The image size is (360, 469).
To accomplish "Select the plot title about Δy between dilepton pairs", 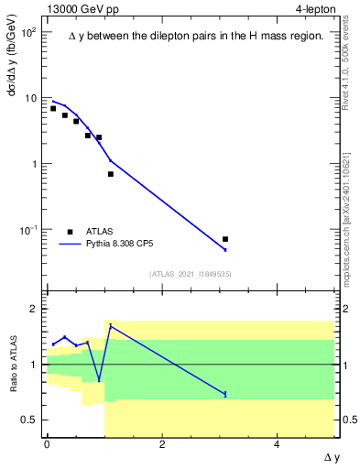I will (196, 36).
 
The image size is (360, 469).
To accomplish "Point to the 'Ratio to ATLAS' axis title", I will (14, 363).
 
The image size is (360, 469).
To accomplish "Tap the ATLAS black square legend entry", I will (71, 232).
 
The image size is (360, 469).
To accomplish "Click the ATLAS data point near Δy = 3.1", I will (225, 239).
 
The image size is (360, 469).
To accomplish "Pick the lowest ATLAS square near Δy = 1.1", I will (111, 174).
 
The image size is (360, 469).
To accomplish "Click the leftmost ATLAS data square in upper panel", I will (53, 108).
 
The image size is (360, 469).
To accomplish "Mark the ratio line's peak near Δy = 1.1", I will (111, 325).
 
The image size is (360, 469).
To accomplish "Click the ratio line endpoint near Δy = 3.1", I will (225, 394).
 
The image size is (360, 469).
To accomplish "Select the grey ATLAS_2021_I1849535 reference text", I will (191, 274).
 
